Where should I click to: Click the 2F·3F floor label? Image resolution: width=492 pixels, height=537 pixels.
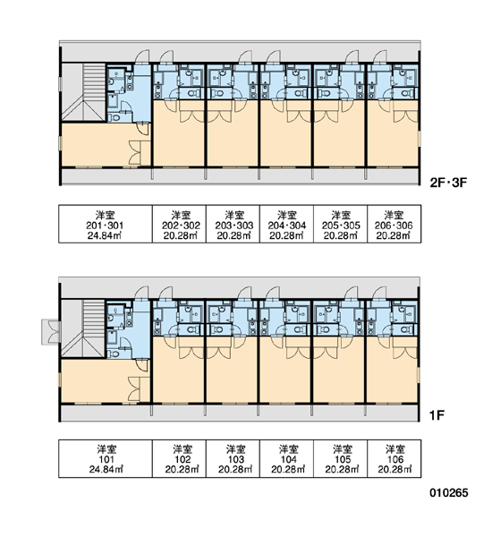click(448, 183)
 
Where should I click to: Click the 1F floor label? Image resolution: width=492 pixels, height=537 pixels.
click(437, 415)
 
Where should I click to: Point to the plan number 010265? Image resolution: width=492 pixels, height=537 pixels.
click(449, 493)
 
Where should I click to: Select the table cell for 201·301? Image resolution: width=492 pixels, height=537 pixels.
click(106, 224)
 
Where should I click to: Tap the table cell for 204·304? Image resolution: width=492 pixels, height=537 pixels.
click(286, 224)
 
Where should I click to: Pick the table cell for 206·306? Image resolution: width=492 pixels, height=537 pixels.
click(394, 224)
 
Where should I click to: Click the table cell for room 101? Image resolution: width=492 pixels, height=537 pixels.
click(106, 458)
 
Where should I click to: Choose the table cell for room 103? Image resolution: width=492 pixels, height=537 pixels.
click(233, 458)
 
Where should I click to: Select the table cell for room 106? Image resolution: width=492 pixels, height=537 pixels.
click(394, 458)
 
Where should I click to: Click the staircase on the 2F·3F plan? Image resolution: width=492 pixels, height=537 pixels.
click(83, 92)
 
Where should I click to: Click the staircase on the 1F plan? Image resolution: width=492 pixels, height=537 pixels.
click(83, 328)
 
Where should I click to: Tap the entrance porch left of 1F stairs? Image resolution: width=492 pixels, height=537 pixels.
click(51, 332)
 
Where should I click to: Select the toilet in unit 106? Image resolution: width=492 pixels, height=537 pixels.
click(405, 329)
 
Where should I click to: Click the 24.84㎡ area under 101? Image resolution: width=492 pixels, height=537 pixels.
click(106, 469)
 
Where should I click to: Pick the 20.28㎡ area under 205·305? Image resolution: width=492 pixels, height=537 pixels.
click(341, 235)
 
